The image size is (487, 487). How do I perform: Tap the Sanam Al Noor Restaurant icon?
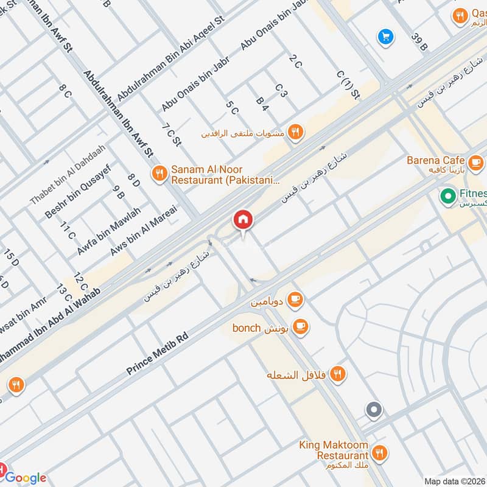click(159, 173)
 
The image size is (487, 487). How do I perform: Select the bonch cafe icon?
click(300, 328)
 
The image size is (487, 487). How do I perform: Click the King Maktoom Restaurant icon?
click(379, 452)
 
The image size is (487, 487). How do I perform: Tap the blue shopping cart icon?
click(385, 37)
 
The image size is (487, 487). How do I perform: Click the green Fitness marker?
click(449, 196)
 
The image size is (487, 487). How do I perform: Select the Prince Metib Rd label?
click(158, 354)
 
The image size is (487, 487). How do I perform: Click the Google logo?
click(26, 477)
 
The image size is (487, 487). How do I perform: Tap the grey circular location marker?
click(374, 410)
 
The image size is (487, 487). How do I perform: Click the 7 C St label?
click(172, 135)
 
